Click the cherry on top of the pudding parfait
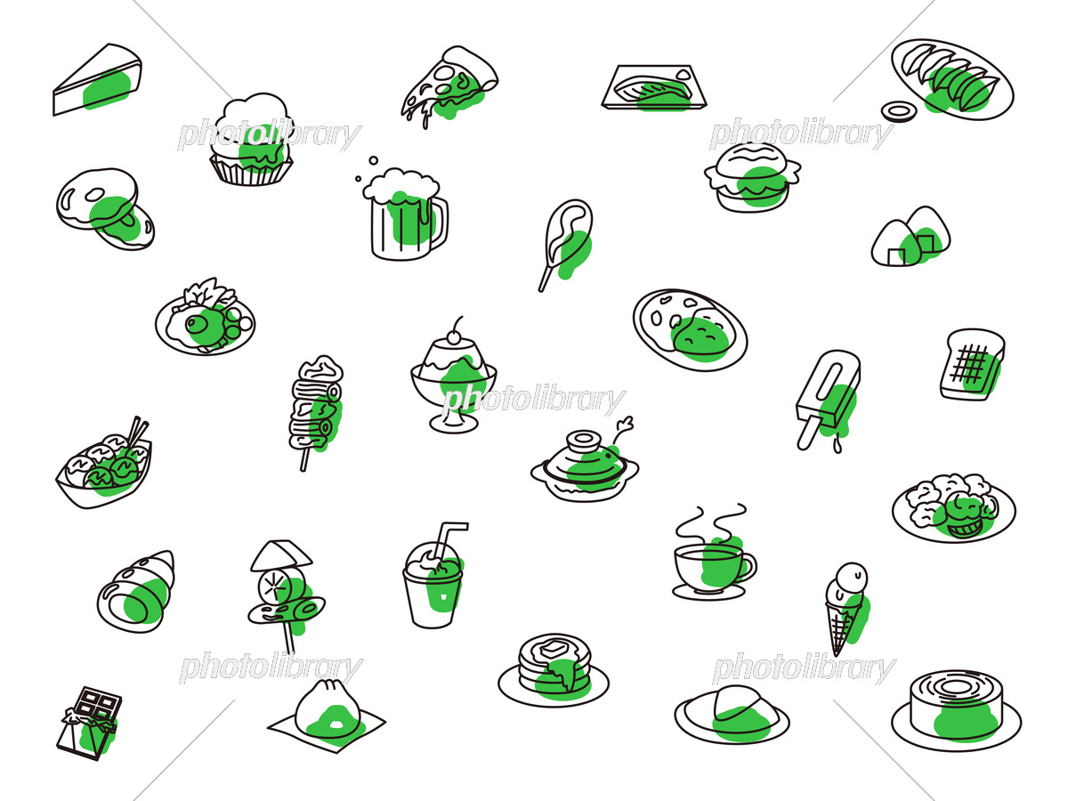tap(457, 336)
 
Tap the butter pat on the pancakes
tap(554, 646)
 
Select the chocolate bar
tap(89, 722)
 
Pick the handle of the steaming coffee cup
tap(748, 567)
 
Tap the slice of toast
tap(972, 364)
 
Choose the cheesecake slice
tap(97, 79)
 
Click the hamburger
tap(752, 177)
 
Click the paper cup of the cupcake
tap(251, 169)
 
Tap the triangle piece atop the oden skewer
tap(281, 554)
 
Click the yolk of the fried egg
tap(197, 322)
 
